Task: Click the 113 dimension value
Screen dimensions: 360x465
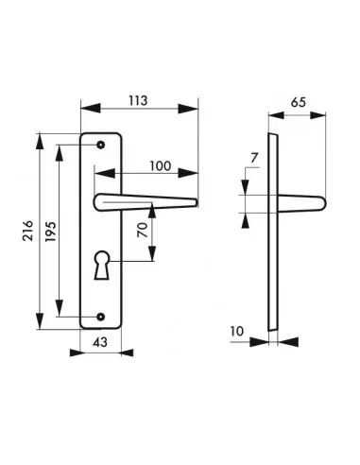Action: pyautogui.click(x=138, y=100)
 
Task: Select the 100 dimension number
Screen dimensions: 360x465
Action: pyautogui.click(x=161, y=165)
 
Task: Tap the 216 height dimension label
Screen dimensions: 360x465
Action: pyautogui.click(x=28, y=231)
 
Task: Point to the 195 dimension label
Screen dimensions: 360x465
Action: pyautogui.click(x=51, y=232)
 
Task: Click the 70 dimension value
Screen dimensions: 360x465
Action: pyautogui.click(x=143, y=230)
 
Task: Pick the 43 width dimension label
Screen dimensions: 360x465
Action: pyautogui.click(x=100, y=342)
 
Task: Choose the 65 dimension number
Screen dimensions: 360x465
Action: pyautogui.click(x=298, y=102)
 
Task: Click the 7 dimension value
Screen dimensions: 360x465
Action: pyautogui.click(x=254, y=158)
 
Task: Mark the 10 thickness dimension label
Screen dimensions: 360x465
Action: pyautogui.click(x=237, y=331)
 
